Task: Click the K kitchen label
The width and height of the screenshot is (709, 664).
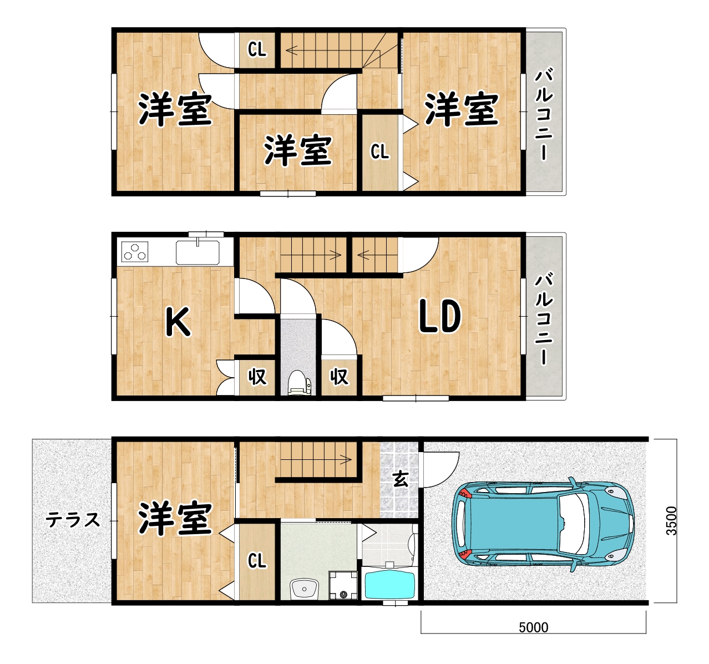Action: pyautogui.click(x=178, y=322)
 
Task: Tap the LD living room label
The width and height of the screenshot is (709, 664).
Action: pyautogui.click(x=439, y=316)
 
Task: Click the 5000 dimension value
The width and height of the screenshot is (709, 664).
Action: pyautogui.click(x=533, y=627)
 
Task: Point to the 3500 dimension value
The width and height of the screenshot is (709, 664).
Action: pyautogui.click(x=671, y=520)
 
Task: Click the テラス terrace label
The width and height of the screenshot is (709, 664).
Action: pyautogui.click(x=73, y=520)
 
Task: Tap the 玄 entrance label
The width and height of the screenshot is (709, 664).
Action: pyautogui.click(x=400, y=478)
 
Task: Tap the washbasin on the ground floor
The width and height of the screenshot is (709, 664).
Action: pyautogui.click(x=304, y=588)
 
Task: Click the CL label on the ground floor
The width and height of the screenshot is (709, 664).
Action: pyautogui.click(x=257, y=561)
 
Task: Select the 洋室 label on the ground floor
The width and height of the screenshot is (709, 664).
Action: pyautogui.click(x=175, y=518)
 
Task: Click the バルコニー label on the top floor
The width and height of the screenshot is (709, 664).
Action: pyautogui.click(x=544, y=114)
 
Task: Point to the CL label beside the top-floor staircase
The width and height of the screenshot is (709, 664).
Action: pyautogui.click(x=257, y=50)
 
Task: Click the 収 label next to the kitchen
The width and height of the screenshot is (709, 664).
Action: pyautogui.click(x=257, y=377)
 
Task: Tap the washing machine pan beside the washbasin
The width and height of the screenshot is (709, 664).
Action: pyautogui.click(x=343, y=586)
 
